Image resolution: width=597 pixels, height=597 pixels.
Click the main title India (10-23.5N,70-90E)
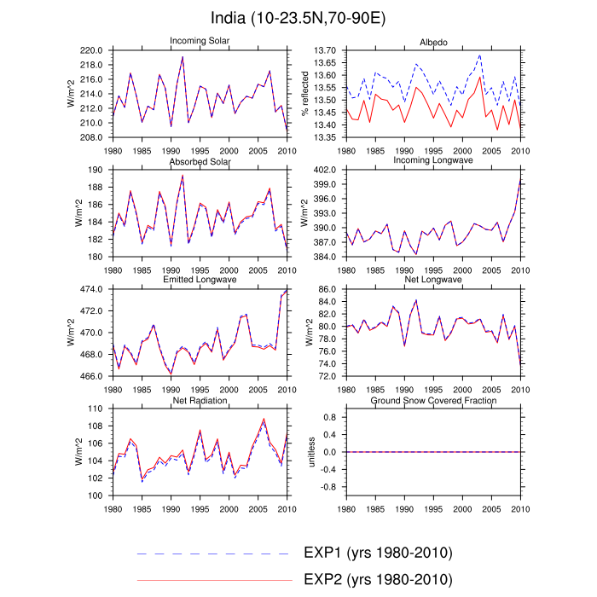298,18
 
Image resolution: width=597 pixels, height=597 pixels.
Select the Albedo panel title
433,42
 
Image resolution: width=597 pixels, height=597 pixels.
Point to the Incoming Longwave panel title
433,161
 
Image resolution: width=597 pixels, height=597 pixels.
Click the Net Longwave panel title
433,280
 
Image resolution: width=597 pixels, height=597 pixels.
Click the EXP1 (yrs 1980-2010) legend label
377,553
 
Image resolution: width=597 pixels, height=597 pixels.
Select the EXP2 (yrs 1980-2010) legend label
377,581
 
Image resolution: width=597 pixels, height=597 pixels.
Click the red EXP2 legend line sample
213,581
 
